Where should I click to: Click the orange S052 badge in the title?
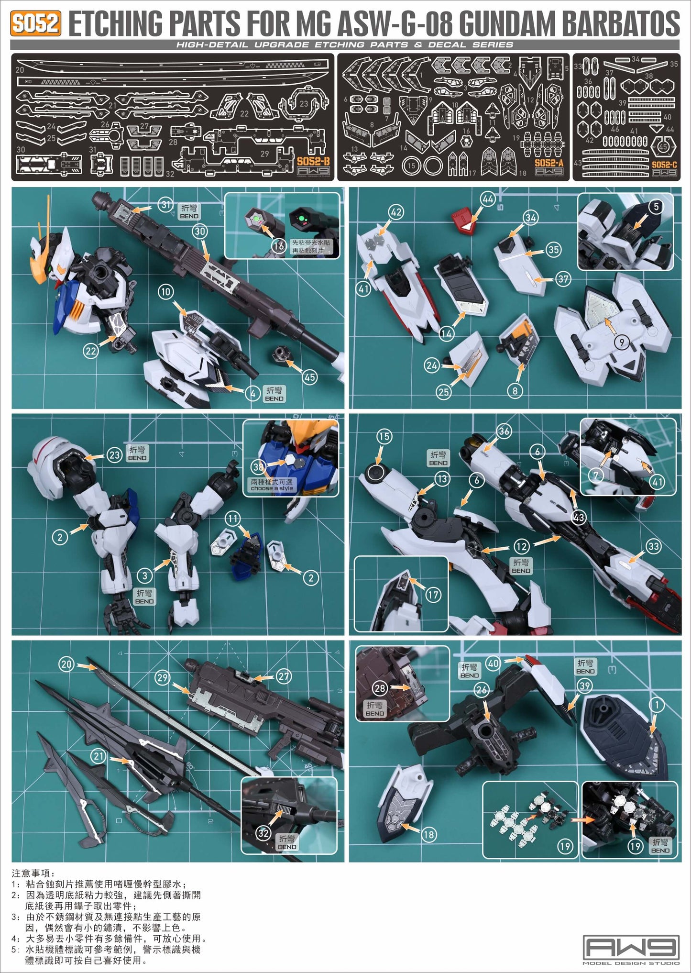(35, 23)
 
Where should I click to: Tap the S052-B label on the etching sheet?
(313, 161)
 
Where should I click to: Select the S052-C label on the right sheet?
(664, 164)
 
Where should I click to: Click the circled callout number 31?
(165, 205)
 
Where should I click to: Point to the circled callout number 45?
(310, 377)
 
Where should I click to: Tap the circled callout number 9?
(621, 342)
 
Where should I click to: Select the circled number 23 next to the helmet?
(114, 455)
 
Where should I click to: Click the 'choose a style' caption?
(272, 488)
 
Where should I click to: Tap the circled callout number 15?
(384, 436)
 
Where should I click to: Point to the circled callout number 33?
(653, 546)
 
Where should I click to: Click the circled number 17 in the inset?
(433, 595)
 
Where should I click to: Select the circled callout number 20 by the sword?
(66, 664)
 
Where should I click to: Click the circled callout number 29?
(163, 677)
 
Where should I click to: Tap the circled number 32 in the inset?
(263, 833)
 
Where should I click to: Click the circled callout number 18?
(429, 835)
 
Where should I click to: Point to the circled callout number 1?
(657, 704)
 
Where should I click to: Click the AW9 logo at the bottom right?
(631, 947)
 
